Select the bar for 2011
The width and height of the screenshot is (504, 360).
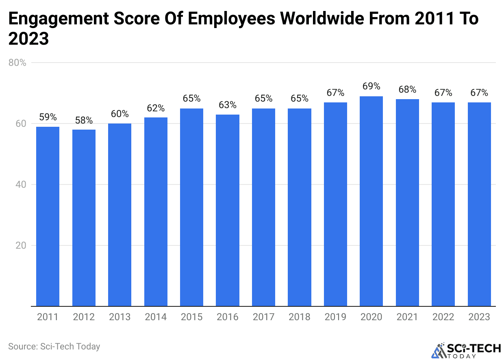click(x=48, y=216)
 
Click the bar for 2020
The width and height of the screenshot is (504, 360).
click(x=371, y=201)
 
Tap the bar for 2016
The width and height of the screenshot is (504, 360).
click(x=228, y=210)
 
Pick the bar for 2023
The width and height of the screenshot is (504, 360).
click(x=479, y=204)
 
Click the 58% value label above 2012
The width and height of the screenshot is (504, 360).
click(x=84, y=120)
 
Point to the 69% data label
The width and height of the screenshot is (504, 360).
click(x=371, y=87)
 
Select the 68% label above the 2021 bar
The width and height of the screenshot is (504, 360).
click(x=407, y=89)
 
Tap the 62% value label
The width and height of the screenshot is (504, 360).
click(x=156, y=108)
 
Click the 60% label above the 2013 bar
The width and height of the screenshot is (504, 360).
click(x=119, y=114)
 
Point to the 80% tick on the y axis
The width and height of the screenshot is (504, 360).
click(x=17, y=63)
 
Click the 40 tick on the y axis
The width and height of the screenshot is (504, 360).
click(x=21, y=184)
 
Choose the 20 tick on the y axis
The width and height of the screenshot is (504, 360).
click(x=21, y=245)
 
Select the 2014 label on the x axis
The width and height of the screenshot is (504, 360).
click(x=156, y=317)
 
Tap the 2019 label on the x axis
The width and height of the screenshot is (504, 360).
click(x=335, y=317)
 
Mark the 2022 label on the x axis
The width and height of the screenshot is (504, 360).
click(x=443, y=317)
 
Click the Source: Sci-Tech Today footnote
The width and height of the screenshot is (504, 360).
click(x=54, y=347)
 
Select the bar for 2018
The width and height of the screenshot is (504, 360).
click(x=300, y=207)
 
